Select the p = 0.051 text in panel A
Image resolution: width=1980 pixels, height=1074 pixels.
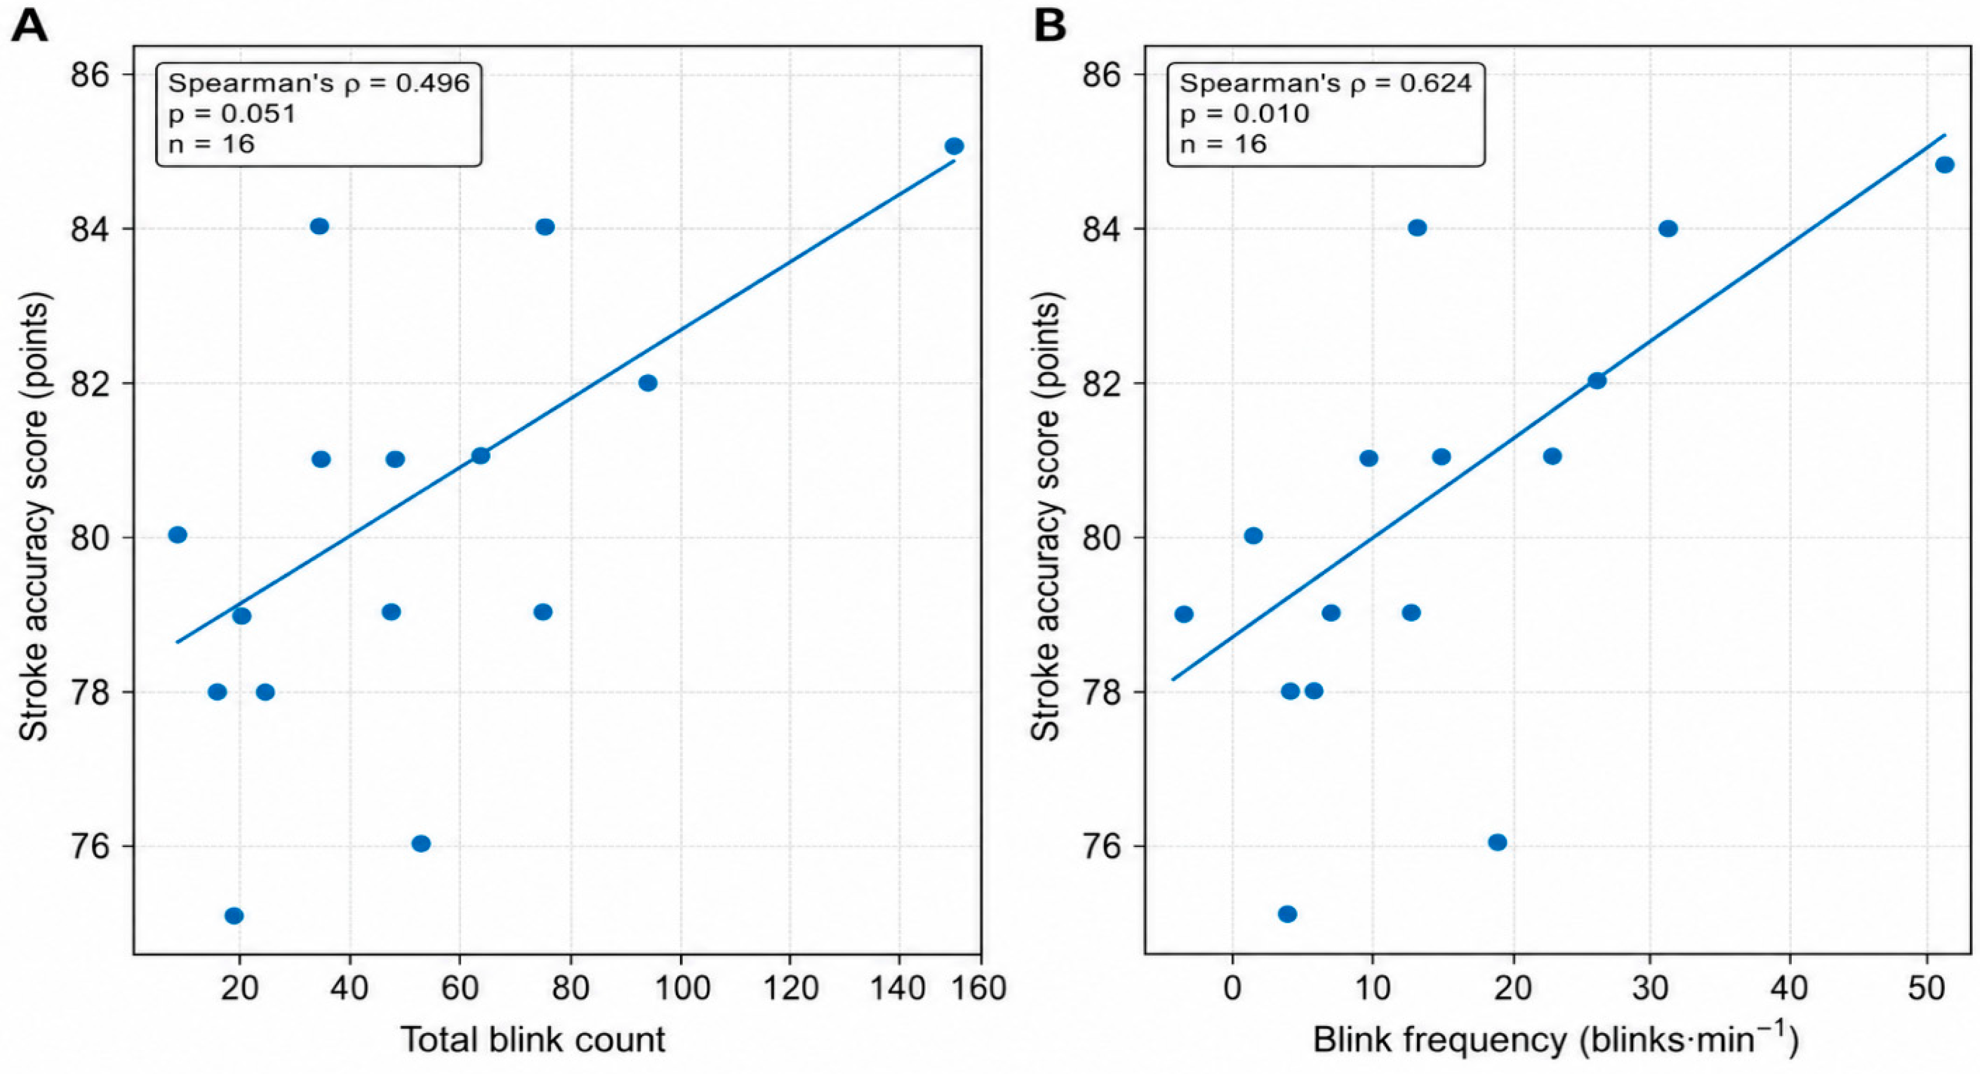point(232,114)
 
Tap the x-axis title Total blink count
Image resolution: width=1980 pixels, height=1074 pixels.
point(533,1039)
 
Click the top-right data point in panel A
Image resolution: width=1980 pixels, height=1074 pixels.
point(954,146)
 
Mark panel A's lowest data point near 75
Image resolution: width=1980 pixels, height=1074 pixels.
point(235,916)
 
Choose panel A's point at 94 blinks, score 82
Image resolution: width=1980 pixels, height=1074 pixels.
point(648,383)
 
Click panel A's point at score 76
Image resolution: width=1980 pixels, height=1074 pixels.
point(421,843)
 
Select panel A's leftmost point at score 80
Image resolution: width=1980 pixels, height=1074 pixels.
point(178,535)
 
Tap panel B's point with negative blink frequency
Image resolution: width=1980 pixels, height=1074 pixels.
point(1183,614)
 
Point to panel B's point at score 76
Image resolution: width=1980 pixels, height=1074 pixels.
point(1498,843)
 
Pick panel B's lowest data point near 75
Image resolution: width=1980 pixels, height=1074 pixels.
point(1287,914)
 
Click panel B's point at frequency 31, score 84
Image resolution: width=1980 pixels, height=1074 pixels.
point(1668,229)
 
